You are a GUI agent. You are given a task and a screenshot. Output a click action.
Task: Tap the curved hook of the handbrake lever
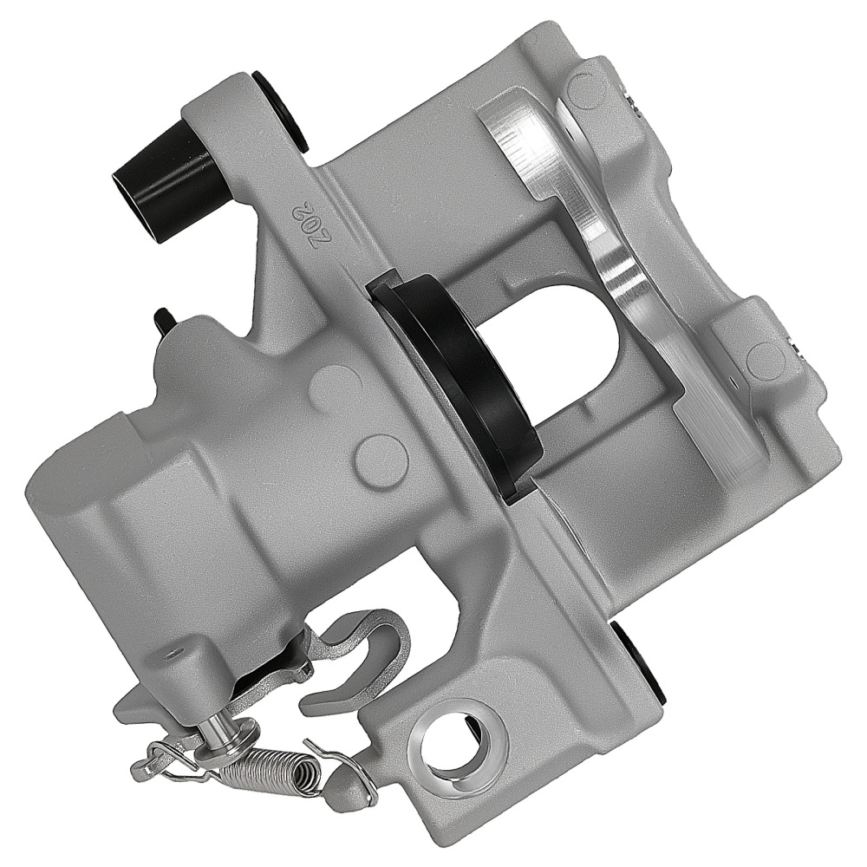[x=381, y=642]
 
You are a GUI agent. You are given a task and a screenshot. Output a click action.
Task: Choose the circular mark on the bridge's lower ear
[x=762, y=355]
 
